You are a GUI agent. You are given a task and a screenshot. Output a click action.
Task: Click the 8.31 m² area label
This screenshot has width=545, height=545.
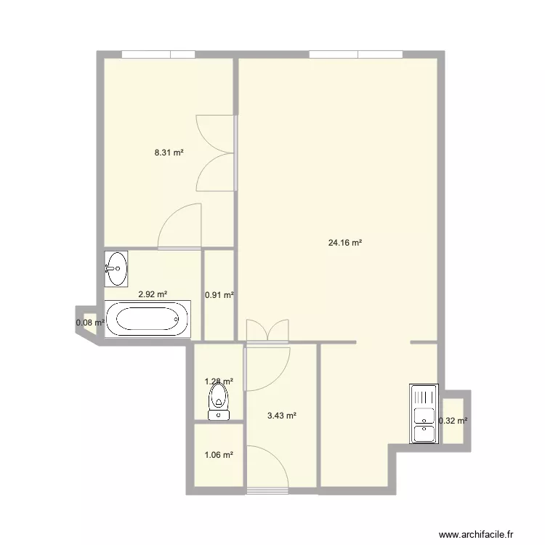(x=169, y=153)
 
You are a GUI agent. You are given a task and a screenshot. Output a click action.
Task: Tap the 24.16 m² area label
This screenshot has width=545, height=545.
(x=344, y=243)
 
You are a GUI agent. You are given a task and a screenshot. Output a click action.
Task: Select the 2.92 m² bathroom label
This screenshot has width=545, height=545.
(x=153, y=294)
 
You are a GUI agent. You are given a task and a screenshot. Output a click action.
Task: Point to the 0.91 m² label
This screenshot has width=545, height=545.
(x=219, y=295)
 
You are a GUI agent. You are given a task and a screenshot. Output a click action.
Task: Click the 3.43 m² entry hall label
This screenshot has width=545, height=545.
(x=281, y=416)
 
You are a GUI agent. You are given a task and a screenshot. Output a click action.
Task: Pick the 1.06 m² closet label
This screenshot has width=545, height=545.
(x=219, y=455)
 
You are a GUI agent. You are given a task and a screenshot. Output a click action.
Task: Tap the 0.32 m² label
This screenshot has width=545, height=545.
(x=453, y=421)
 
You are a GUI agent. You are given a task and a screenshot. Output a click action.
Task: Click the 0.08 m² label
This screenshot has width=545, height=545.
(x=90, y=323)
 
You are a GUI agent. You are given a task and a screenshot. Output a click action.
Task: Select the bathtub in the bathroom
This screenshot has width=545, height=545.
(x=148, y=319)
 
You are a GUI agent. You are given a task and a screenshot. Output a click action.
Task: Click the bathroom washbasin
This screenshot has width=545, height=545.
(x=116, y=269)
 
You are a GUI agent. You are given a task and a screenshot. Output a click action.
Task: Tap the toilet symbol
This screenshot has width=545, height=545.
(x=219, y=402)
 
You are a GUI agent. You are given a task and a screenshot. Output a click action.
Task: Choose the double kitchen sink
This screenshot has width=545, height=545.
(x=424, y=413)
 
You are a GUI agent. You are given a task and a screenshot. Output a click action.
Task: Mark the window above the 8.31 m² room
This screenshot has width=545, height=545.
(x=158, y=54)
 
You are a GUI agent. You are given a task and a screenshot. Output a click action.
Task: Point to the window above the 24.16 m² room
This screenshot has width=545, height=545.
(x=356, y=54)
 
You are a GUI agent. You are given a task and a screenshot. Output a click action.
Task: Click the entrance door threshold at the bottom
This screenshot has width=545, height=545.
(x=267, y=491)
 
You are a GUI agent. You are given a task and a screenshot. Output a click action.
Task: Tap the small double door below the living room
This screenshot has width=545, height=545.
(x=267, y=331)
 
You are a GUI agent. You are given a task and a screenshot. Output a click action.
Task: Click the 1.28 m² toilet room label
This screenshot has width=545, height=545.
(x=219, y=381)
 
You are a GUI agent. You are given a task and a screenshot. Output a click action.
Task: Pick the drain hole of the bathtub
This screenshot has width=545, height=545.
(x=177, y=319)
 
